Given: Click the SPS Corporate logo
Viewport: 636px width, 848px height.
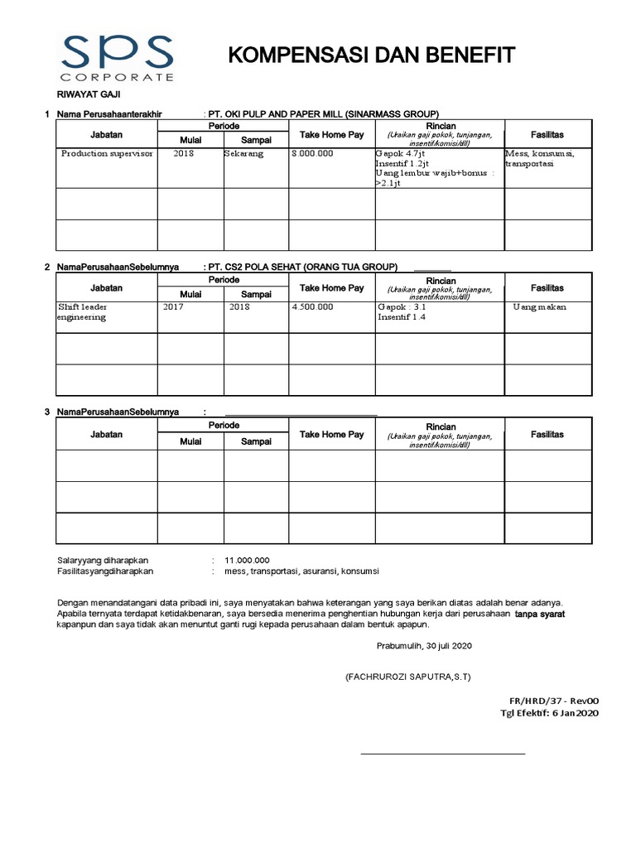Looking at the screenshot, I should click(x=115, y=57).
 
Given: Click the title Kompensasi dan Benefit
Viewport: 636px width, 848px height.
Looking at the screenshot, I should click(x=371, y=55).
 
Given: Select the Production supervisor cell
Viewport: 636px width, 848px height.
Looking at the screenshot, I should click(x=107, y=155).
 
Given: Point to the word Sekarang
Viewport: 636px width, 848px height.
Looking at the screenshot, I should click(x=243, y=155).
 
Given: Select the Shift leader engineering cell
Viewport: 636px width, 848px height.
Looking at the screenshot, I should click(x=83, y=311).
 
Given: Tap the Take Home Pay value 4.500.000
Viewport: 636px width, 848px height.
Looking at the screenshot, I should click(x=313, y=306).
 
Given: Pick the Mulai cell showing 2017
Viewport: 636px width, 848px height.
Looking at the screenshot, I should click(x=174, y=306).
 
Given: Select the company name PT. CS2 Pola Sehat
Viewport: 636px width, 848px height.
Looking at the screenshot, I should click(x=302, y=267).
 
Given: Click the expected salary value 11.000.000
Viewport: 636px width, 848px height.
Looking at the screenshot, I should click(x=253, y=561).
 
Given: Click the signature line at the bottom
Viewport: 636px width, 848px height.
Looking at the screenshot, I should click(x=441, y=754).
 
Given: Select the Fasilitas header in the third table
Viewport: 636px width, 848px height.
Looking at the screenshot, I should click(x=547, y=434).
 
